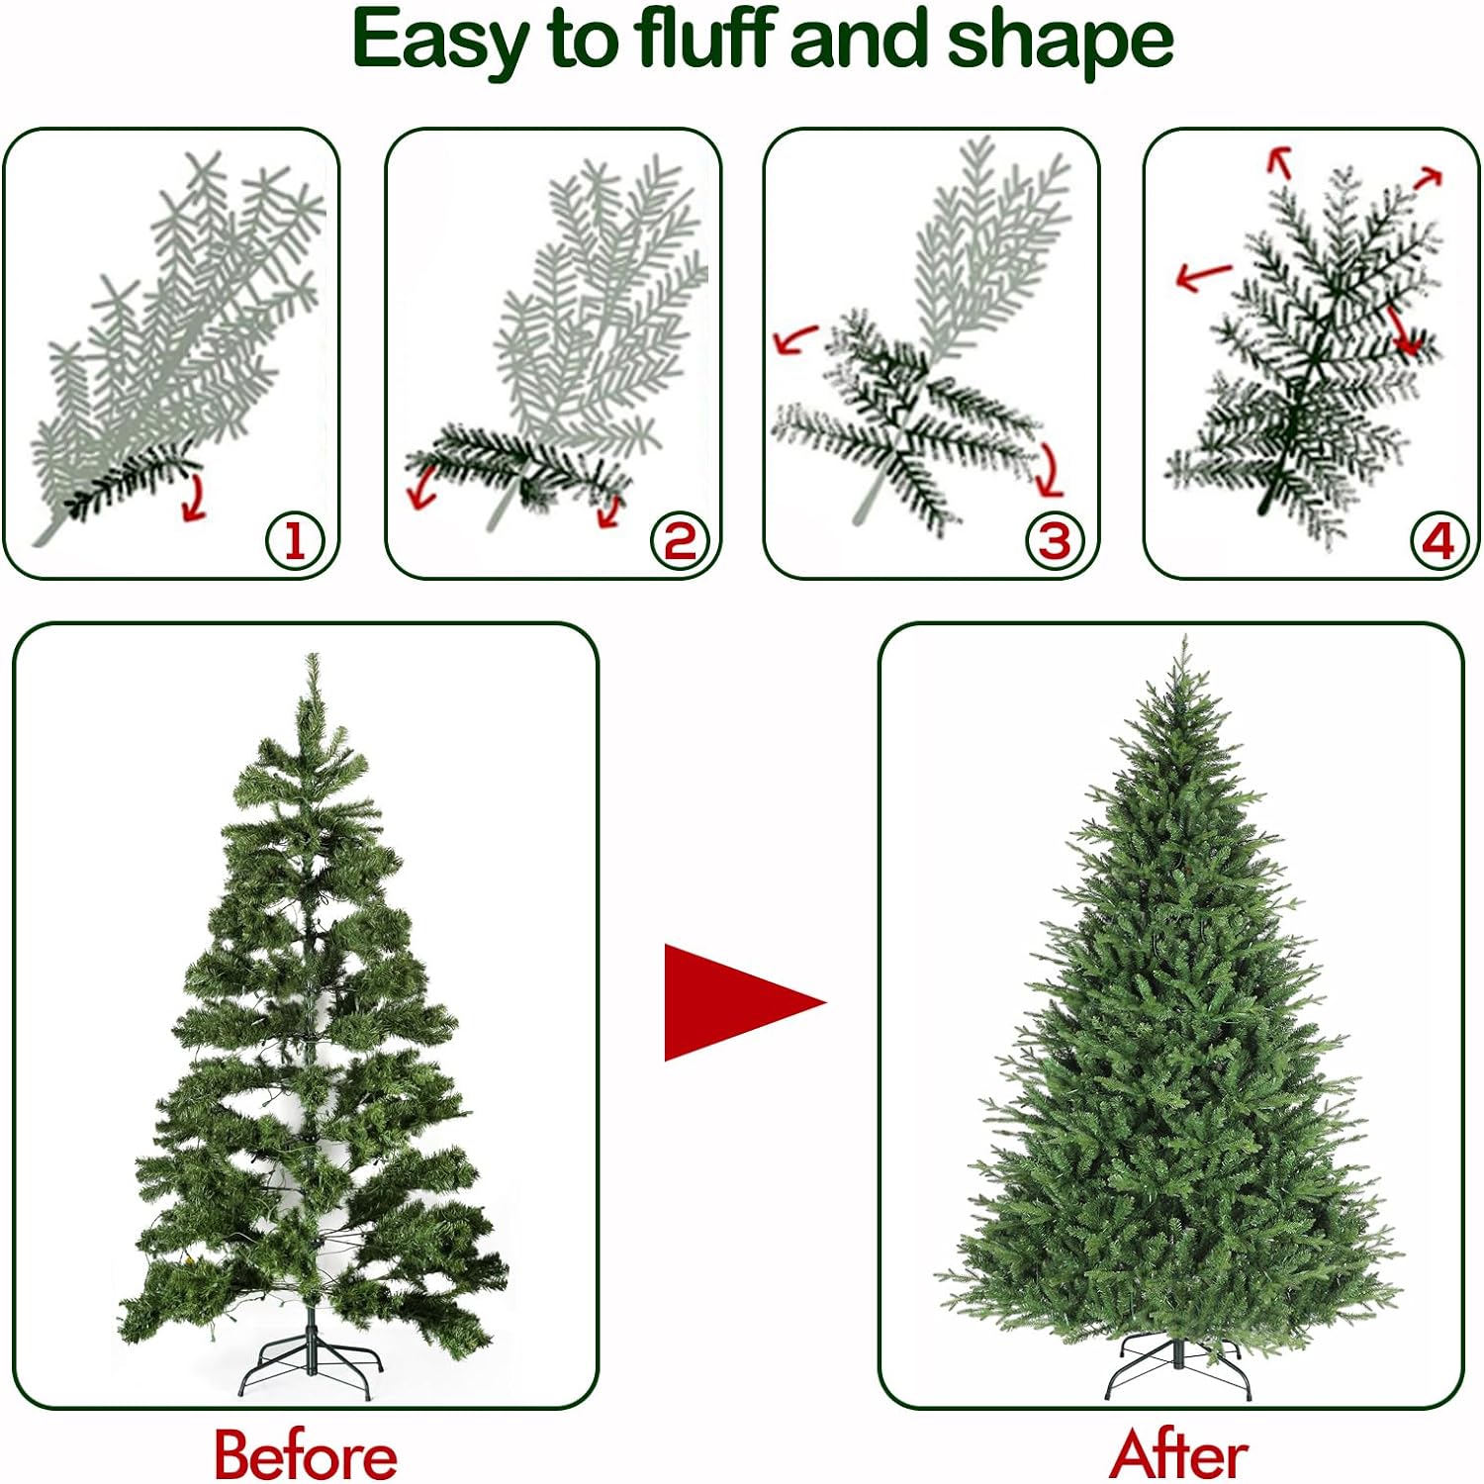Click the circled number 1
pyautogui.click(x=295, y=541)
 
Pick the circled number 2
pyautogui.click(x=680, y=541)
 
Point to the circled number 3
pyautogui.click(x=1055, y=541)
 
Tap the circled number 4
pyautogui.click(x=1438, y=541)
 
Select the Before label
pyautogui.click(x=306, y=1454)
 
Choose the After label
pyautogui.click(x=1178, y=1454)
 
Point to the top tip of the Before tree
pyautogui.click(x=313, y=654)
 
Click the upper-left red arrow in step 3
pyautogui.click(x=796, y=338)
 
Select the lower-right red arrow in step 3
pyautogui.click(x=1050, y=469)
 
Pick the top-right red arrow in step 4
pyautogui.click(x=1428, y=178)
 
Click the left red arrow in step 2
pyautogui.click(x=422, y=486)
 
